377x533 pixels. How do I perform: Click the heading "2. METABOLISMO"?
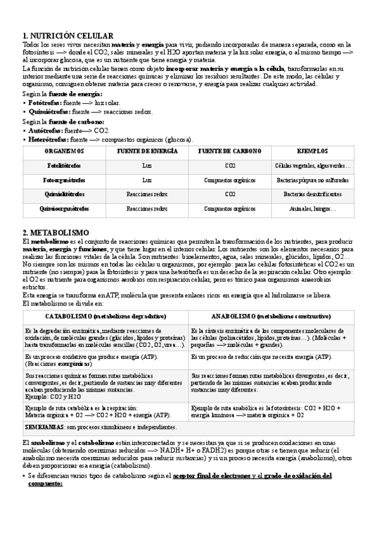click(56, 233)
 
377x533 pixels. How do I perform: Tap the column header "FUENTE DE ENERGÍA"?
click(147, 152)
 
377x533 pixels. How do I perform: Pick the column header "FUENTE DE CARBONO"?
click(230, 152)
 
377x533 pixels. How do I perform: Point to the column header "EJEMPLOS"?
click(313, 152)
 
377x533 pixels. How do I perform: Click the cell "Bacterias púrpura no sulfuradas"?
click(313, 180)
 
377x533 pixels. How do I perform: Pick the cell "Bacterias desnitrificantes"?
click(313, 194)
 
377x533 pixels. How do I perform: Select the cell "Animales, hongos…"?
click(313, 209)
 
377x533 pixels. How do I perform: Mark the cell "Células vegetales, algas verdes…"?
click(313, 166)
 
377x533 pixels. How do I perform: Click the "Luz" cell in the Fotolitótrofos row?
click(147, 166)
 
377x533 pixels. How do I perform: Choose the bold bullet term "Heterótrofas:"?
click(47, 139)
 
